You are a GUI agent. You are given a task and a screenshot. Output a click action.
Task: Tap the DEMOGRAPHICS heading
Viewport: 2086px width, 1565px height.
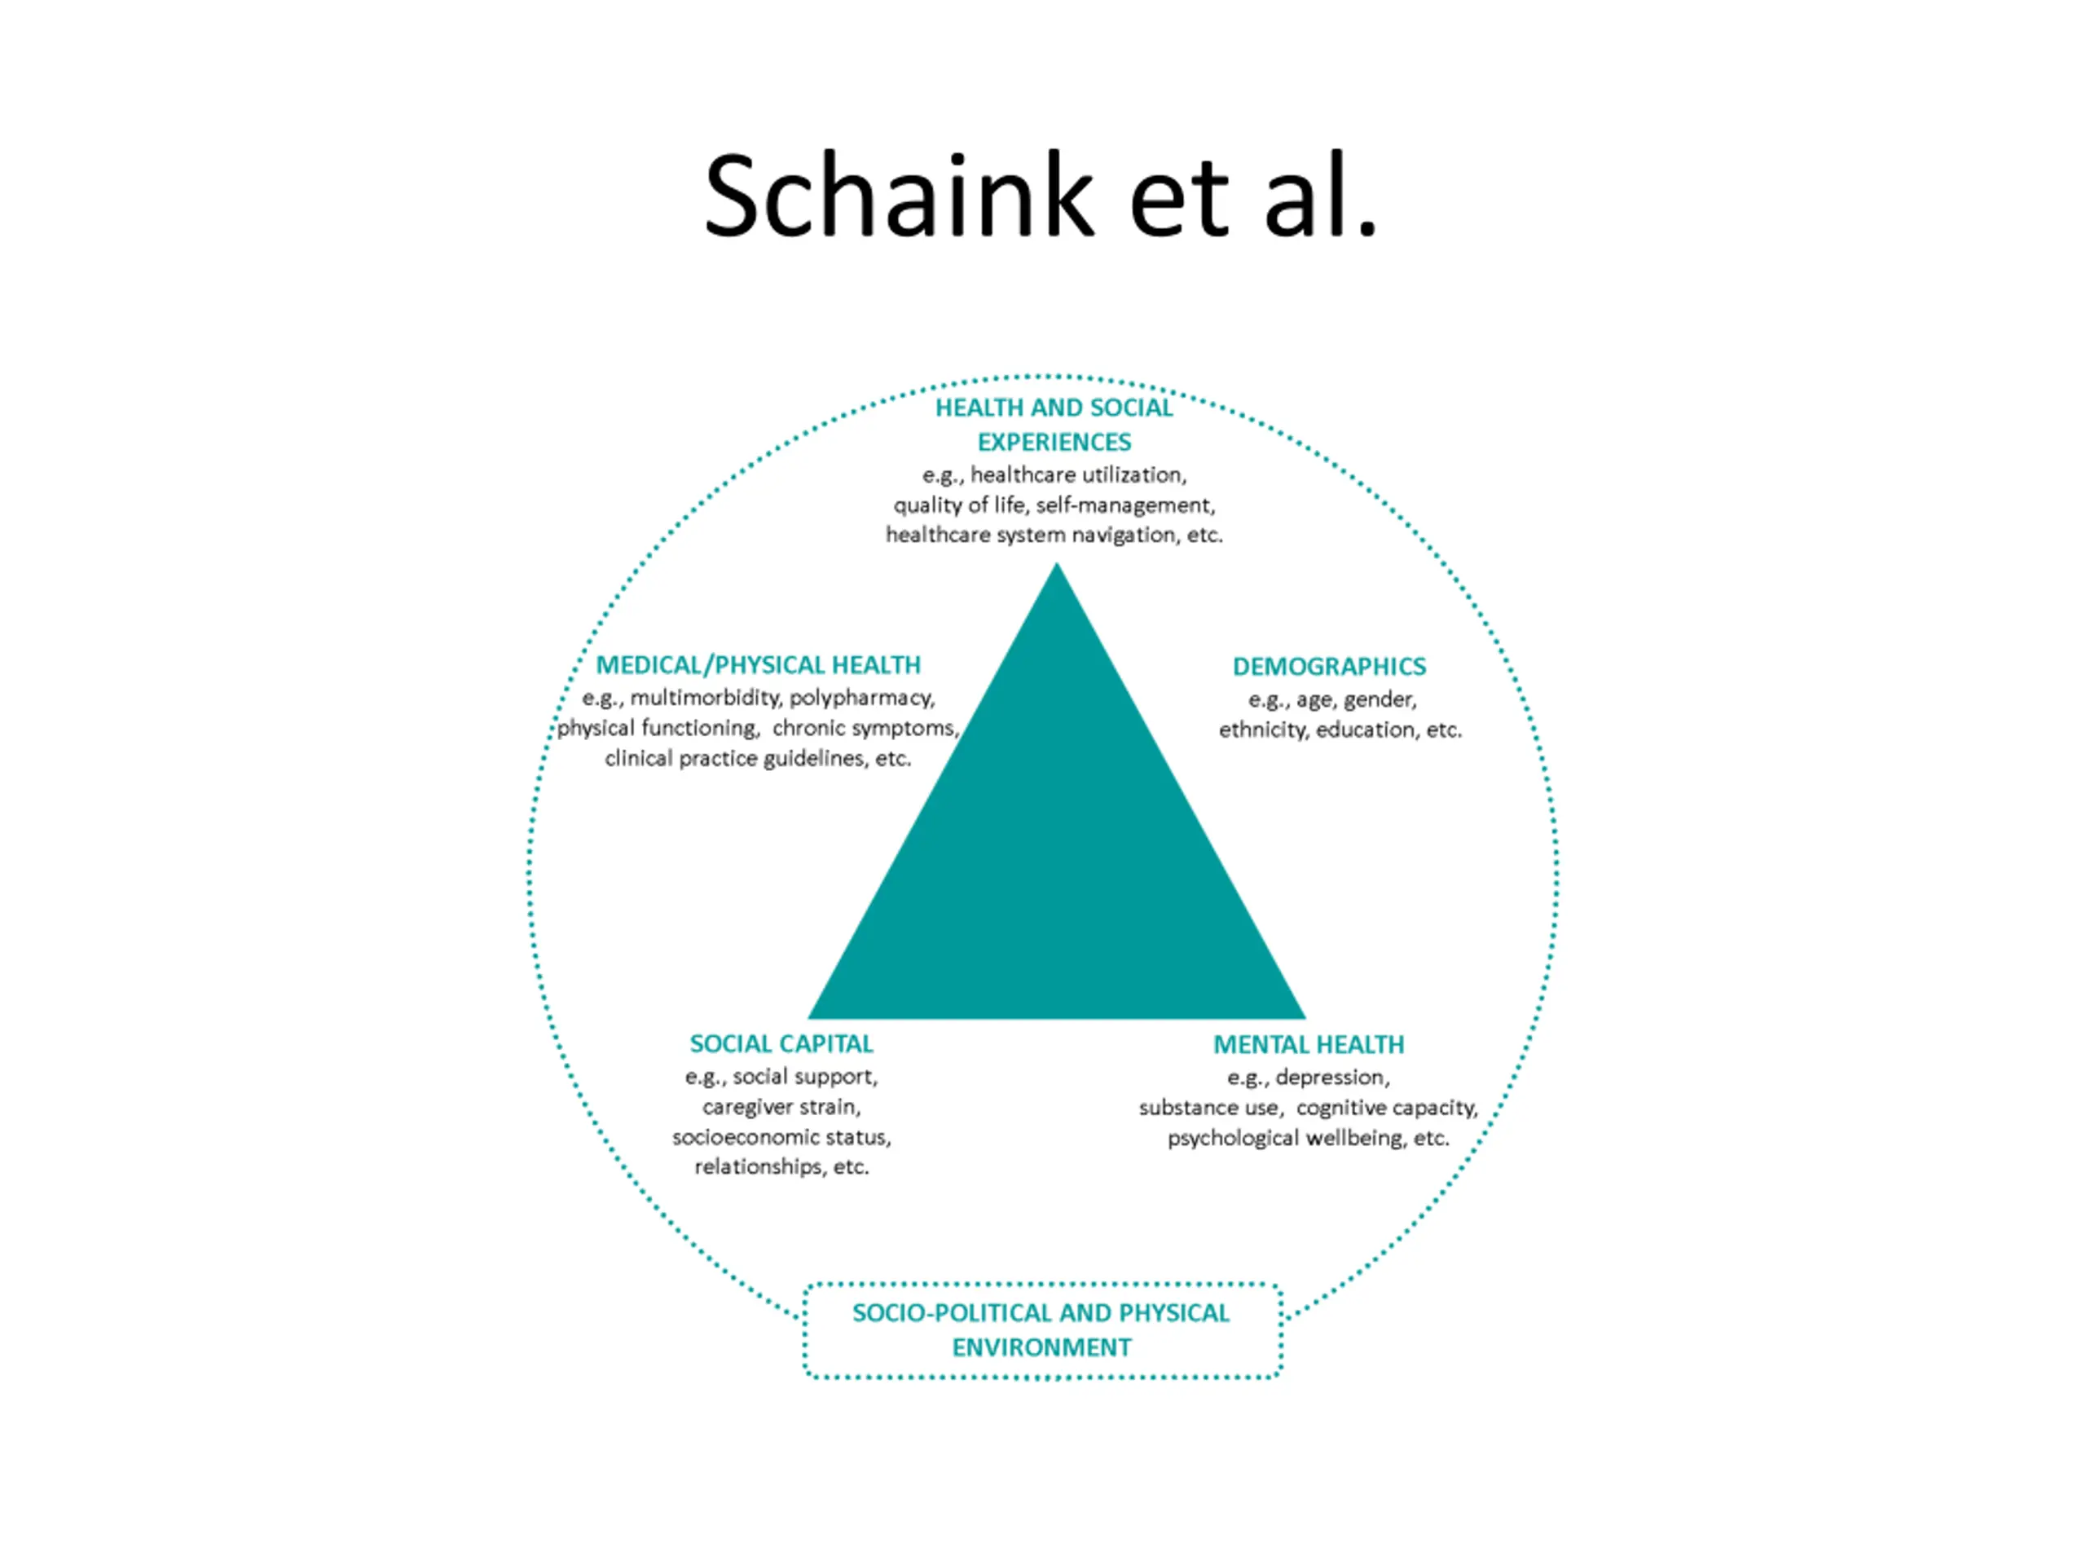[x=1329, y=667]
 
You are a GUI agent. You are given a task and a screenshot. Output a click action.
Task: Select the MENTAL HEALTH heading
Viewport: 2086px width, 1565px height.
[x=1308, y=1045]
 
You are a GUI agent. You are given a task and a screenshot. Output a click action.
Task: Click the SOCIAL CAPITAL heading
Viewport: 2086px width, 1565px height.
[x=781, y=1044]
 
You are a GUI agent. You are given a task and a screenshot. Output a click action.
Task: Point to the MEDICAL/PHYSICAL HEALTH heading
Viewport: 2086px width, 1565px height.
[x=758, y=665]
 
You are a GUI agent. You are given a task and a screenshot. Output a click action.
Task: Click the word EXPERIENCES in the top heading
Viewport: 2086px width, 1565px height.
[x=1054, y=443]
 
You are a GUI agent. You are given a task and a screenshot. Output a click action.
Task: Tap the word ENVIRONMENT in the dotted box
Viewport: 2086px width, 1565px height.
[x=1041, y=1347]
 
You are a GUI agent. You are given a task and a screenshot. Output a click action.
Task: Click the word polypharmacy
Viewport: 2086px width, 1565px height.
[x=861, y=698]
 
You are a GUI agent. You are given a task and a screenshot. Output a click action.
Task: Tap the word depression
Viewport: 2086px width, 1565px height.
[x=1331, y=1078]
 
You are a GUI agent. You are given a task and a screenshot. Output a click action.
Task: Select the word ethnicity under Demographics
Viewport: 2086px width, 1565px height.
[x=1263, y=730]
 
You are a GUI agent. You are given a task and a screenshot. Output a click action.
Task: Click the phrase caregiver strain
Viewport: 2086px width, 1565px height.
[x=781, y=1107]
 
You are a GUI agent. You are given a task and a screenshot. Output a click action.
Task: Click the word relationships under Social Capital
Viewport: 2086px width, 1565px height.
[x=759, y=1167]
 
